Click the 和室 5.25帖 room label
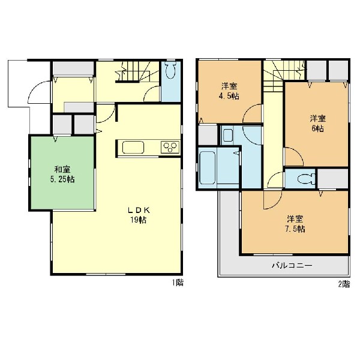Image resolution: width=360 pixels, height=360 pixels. click(x=62, y=175)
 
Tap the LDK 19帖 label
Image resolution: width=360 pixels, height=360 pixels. click(x=139, y=215)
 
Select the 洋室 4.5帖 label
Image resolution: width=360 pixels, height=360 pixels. click(x=229, y=91)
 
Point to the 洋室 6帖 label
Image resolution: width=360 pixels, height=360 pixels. click(x=318, y=124)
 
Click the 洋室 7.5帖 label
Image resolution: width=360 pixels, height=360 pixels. click(x=295, y=224)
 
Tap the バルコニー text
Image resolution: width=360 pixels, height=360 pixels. click(x=292, y=266)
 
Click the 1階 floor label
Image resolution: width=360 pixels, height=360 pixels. click(x=178, y=283)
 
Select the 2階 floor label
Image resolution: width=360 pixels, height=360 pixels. click(x=344, y=284)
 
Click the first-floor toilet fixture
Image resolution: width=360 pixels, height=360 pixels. click(x=170, y=70)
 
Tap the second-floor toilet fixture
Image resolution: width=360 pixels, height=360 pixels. click(x=306, y=179)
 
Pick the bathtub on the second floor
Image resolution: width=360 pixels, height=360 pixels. click(x=208, y=167)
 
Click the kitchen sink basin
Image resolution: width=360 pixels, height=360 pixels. click(x=133, y=148)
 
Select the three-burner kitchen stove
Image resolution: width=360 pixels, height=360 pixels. click(x=170, y=147)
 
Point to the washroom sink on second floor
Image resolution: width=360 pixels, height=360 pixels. click(x=228, y=136)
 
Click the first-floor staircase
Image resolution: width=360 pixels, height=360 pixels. click(x=137, y=71)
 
